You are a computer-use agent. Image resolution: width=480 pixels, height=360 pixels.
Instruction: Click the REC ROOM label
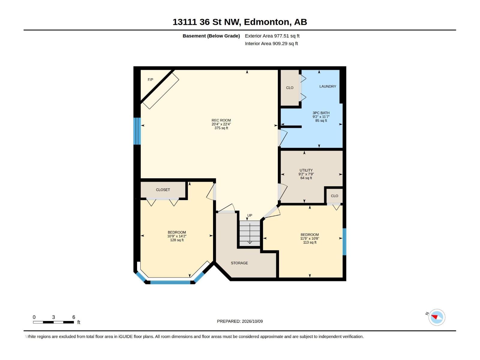coord(221,120)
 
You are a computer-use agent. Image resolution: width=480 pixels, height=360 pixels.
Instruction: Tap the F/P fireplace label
coord(151,80)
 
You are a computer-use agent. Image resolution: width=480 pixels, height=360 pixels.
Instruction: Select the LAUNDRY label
coord(328,86)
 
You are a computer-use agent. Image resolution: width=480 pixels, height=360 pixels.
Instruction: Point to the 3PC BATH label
coord(321,113)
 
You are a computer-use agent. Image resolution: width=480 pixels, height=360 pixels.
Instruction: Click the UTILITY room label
coord(306,170)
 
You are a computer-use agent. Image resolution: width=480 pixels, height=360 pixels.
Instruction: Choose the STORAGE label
coord(239,263)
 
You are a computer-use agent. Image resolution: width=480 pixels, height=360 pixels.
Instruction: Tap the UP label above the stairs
coord(250,215)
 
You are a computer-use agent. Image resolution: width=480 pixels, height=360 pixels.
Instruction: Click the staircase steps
coord(250,233)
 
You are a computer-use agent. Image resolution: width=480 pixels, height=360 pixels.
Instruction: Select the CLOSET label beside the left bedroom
coord(163,190)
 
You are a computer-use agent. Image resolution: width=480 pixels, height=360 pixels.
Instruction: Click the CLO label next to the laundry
coord(289,88)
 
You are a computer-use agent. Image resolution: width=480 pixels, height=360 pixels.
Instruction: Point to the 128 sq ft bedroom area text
coord(177,240)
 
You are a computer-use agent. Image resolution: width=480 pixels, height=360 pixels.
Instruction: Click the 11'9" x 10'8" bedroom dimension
coord(309,238)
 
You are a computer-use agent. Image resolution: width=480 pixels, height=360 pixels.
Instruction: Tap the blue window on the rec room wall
coord(137,131)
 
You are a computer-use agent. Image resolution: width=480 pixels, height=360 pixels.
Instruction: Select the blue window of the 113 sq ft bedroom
coord(344,242)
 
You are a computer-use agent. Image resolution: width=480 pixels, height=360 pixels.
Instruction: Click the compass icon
coord(437,317)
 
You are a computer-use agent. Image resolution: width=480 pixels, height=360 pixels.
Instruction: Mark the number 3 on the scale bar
coord(53,317)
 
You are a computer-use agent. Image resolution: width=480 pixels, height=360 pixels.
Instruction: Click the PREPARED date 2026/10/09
coord(252,321)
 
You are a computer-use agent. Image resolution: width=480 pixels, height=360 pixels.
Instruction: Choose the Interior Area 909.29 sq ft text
coord(271,43)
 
